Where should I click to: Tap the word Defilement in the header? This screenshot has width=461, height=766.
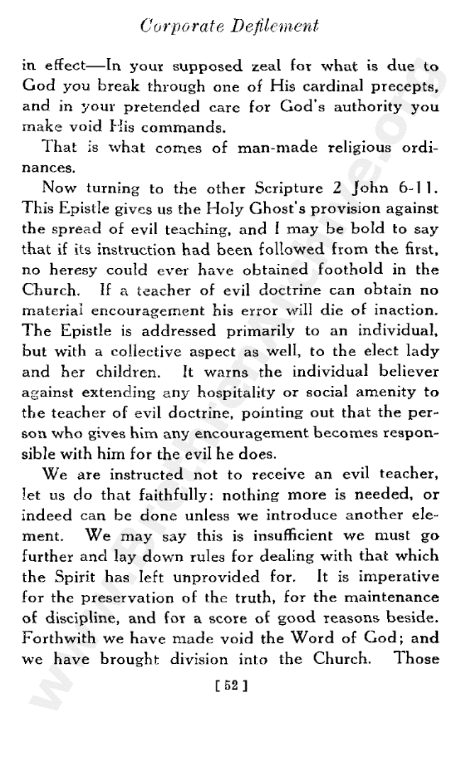point(272,28)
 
